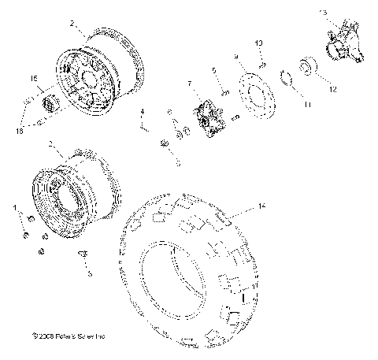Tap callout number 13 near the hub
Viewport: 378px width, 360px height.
[323, 13]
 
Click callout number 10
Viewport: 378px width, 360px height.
[259, 43]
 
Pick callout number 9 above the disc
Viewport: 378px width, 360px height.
[235, 58]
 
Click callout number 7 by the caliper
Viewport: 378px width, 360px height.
[189, 84]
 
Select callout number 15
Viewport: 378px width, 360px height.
[33, 79]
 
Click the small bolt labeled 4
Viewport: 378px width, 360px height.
[142, 122]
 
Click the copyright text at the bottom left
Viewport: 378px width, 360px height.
[66, 336]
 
